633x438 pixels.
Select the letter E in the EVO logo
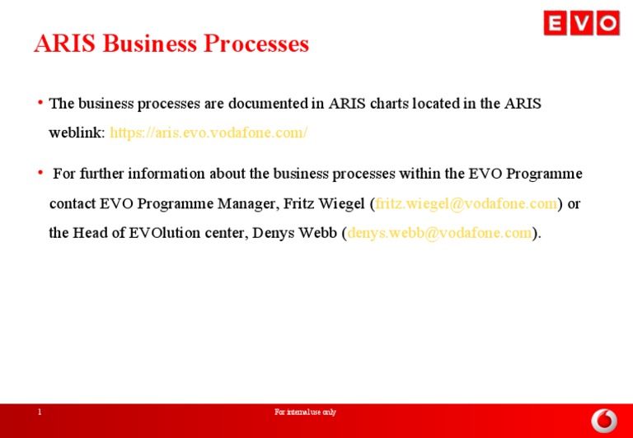tap(556, 23)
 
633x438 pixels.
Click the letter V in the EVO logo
tap(582, 23)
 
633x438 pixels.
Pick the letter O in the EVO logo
tap(607, 23)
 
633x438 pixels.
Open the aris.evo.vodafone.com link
tap(209, 133)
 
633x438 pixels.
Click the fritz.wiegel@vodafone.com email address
tap(467, 203)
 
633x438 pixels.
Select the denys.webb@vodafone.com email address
tap(439, 233)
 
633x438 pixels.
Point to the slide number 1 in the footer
tap(39, 412)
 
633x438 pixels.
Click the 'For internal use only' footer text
tap(305, 412)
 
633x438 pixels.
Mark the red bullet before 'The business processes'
tap(40, 103)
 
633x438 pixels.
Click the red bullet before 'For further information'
tap(40, 173)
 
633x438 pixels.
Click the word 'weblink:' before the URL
tap(77, 133)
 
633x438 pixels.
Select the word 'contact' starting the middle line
tap(73, 203)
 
